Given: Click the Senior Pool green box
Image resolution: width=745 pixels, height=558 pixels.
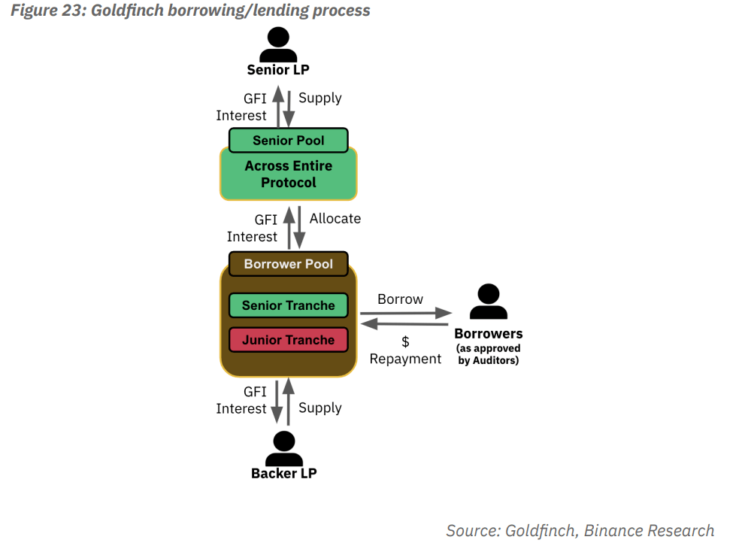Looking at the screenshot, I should [x=288, y=141].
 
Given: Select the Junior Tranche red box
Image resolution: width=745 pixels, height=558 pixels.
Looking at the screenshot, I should [x=288, y=340].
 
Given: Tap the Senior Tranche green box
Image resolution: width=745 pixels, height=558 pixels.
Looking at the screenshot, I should [x=288, y=305].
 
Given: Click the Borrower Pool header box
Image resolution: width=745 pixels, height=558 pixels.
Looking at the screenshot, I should [x=288, y=264].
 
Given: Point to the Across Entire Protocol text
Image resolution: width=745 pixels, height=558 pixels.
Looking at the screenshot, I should [x=288, y=174].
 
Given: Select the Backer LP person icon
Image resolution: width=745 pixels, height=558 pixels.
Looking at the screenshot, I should [x=283, y=449].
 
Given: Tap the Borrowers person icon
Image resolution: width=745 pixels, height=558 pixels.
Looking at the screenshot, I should [x=489, y=302].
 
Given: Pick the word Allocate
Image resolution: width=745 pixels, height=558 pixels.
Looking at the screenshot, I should [x=335, y=219].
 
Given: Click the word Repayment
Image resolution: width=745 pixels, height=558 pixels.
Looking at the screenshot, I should [x=405, y=359].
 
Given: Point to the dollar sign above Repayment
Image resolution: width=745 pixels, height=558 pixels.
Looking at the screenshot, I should [x=405, y=341].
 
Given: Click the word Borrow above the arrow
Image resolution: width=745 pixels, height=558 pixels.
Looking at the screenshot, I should [x=400, y=299].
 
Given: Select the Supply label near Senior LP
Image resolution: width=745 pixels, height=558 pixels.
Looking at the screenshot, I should [x=320, y=98].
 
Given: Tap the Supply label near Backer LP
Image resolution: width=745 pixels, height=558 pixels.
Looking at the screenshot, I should [x=320, y=408].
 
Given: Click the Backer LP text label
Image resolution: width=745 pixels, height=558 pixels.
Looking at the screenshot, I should [x=284, y=474].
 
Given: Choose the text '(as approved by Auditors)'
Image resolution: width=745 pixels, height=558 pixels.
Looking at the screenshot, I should [x=489, y=354].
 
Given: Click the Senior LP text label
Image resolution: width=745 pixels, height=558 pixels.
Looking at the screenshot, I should [x=278, y=70].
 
